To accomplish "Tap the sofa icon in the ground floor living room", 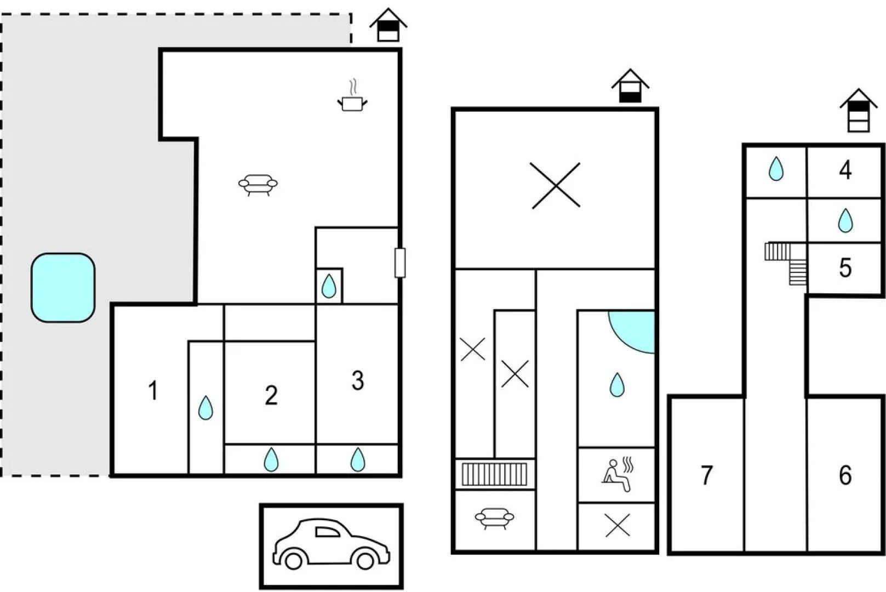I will (258, 184).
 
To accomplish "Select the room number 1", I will (153, 391).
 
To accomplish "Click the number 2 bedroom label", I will (271, 395).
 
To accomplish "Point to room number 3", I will (357, 380).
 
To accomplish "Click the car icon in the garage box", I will (331, 544).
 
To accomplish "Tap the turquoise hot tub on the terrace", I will (63, 287).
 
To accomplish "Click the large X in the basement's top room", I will (555, 185).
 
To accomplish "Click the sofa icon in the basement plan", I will (494, 517).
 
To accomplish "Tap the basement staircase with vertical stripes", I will (494, 474).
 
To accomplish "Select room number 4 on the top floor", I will (845, 170).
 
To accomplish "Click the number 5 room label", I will (845, 268).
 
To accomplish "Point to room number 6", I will (845, 475).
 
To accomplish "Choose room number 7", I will (707, 475).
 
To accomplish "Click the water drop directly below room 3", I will (358, 459).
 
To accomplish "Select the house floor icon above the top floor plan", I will (858, 111).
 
